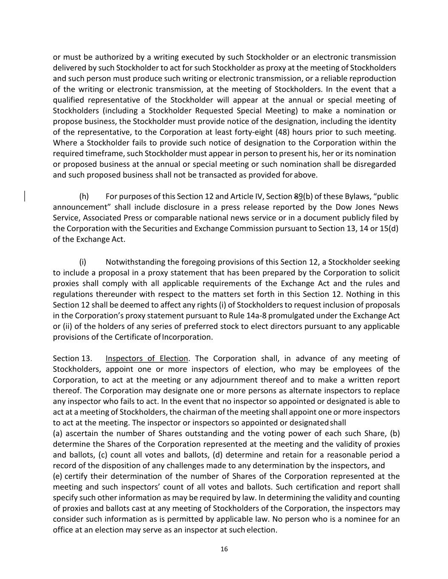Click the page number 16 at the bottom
(224, 549)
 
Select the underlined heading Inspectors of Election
(147, 358)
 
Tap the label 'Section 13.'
(72, 358)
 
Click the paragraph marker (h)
(84, 196)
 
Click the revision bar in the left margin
(25, 196)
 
